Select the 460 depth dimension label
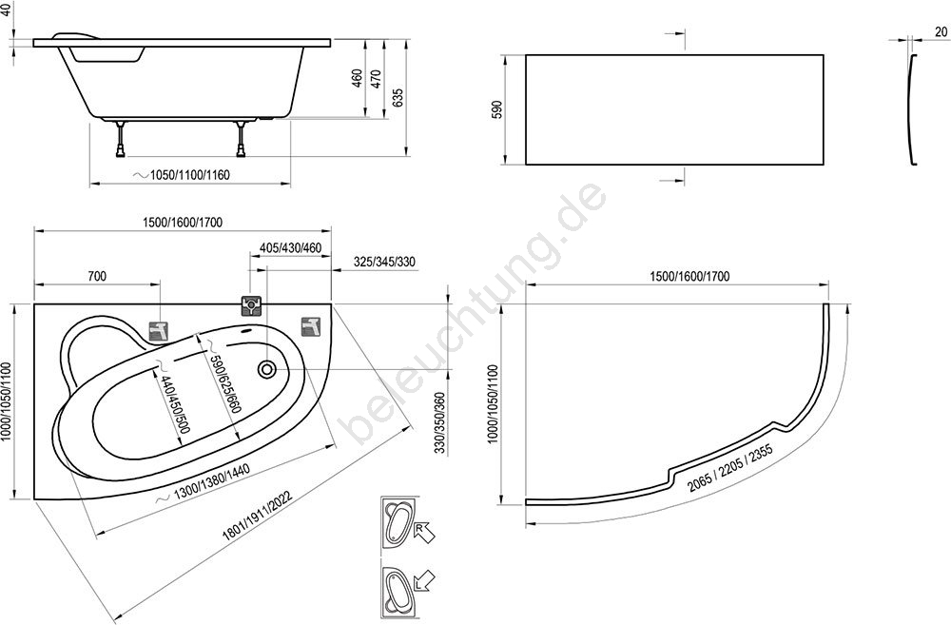point(358,78)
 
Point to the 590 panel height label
point(496,109)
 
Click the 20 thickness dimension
point(941,31)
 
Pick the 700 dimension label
point(96,277)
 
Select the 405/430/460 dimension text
point(290,248)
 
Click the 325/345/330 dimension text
point(384,263)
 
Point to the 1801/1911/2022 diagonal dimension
point(258,516)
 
